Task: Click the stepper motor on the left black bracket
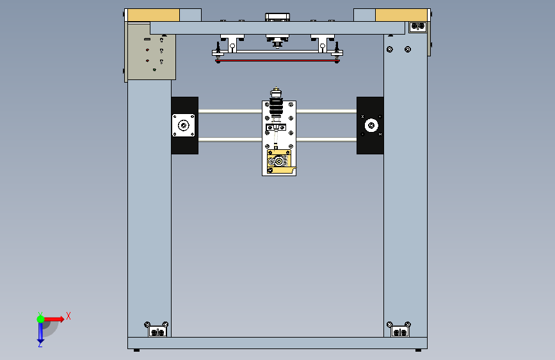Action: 184,126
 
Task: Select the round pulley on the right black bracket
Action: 370,126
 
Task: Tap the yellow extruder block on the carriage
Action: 278,161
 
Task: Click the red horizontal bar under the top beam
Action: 278,61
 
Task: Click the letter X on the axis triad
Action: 68,316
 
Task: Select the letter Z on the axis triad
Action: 40,344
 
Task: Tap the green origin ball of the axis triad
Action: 40,318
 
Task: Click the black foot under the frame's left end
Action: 136,350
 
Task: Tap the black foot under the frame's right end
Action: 419,350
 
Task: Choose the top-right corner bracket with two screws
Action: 417,26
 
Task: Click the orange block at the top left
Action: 154,15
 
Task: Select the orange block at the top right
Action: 401,15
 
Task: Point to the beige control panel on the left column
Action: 152,51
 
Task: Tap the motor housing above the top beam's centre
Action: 277,17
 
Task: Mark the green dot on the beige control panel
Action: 154,70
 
